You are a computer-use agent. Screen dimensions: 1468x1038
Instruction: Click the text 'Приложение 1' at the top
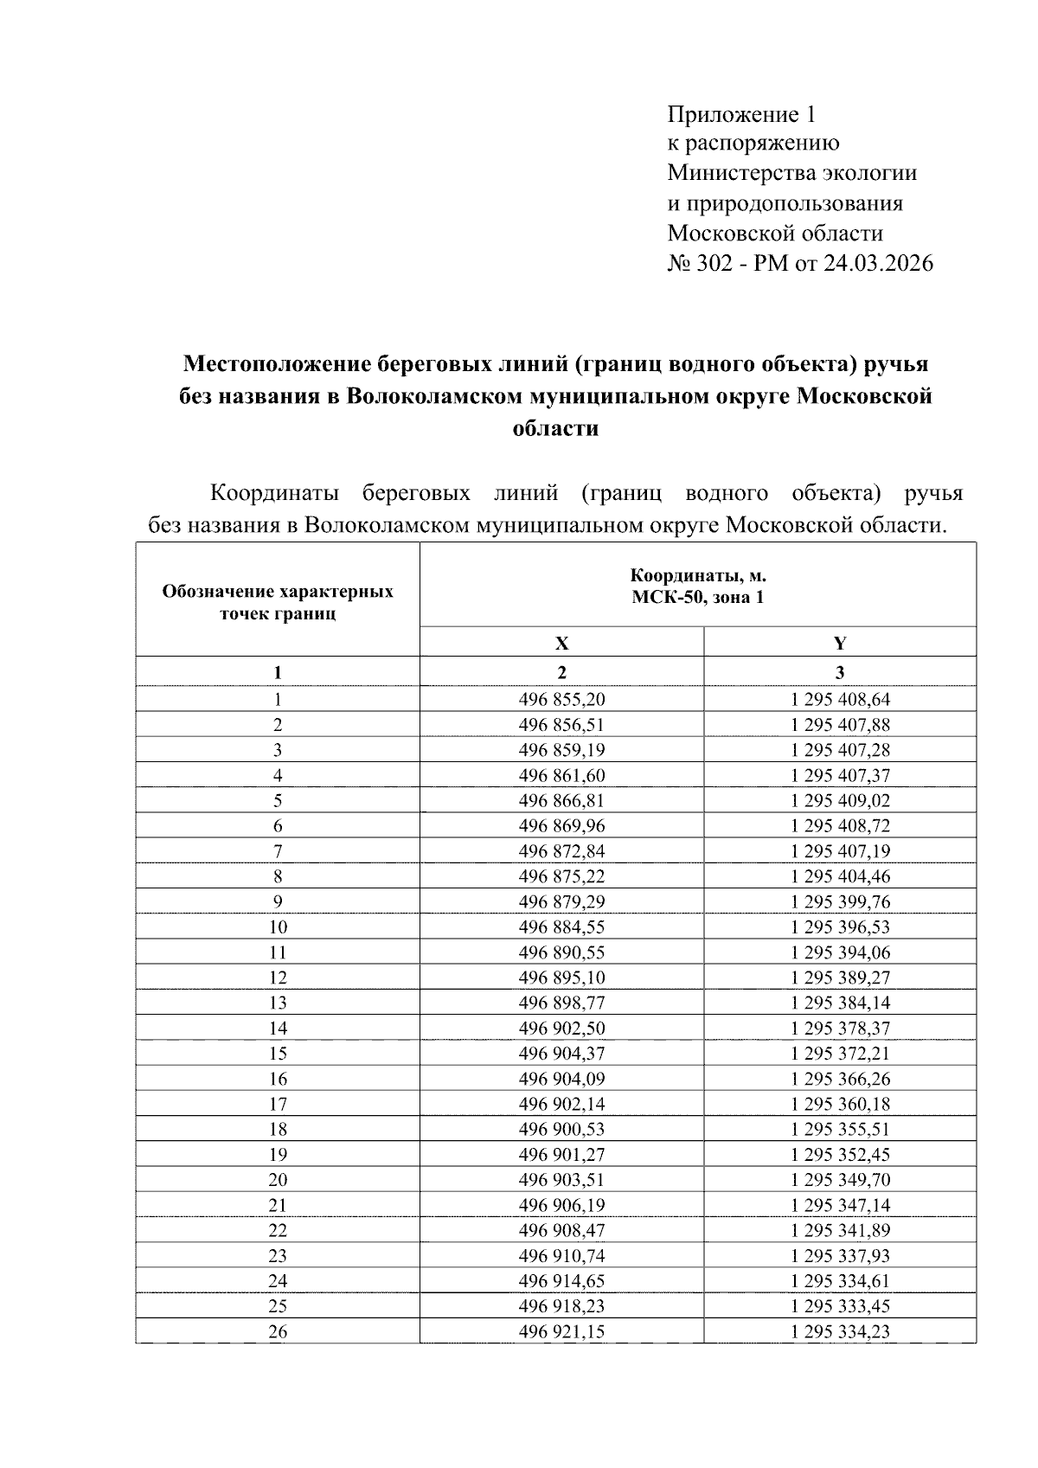741,114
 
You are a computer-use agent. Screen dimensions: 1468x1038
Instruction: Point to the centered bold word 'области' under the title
555,427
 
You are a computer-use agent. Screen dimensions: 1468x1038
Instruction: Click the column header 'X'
561,643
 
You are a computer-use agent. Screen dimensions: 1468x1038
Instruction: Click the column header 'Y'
840,643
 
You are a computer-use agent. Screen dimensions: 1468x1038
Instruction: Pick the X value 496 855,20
561,699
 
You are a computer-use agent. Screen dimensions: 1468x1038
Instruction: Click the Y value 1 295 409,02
840,800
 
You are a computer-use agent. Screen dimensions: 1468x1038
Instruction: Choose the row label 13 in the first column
278,1003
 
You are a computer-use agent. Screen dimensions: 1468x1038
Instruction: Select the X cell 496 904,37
561,1053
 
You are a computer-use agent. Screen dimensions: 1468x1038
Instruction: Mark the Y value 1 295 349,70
840,1179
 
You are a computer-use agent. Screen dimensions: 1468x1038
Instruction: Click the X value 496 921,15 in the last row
561,1331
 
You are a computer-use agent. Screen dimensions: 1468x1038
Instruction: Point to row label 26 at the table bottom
278,1331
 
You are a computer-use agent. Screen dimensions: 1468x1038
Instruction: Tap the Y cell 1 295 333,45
840,1305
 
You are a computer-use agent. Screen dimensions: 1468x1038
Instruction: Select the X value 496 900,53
561,1129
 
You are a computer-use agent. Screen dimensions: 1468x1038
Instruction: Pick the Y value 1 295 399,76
840,901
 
